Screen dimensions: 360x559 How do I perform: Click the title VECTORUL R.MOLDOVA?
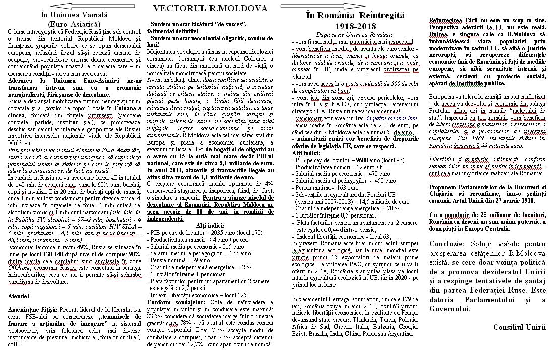211,8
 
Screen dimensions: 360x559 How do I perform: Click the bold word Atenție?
19,295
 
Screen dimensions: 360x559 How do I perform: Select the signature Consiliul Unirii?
519,327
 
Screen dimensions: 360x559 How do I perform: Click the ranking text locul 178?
251,232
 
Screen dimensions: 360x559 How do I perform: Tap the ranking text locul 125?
235,295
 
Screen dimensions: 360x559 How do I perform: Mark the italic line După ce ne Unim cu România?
355,34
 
